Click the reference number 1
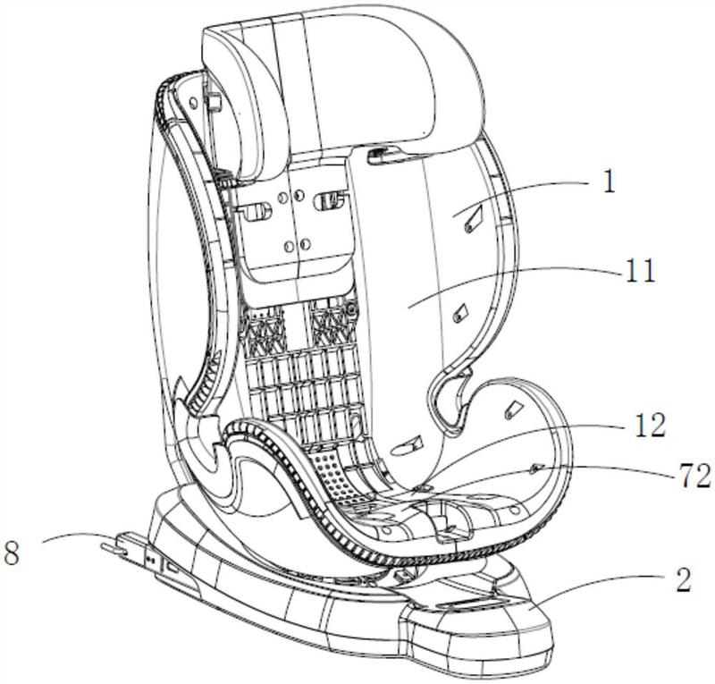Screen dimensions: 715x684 610,182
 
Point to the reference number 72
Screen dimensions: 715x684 695,476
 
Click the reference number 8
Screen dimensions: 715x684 13,553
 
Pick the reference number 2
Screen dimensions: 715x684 683,579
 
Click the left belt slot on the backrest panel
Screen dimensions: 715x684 254,212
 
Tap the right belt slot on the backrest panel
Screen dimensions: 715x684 329,200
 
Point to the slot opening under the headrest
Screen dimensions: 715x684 383,157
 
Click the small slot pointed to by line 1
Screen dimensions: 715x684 473,218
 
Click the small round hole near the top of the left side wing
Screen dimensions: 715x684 192,104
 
